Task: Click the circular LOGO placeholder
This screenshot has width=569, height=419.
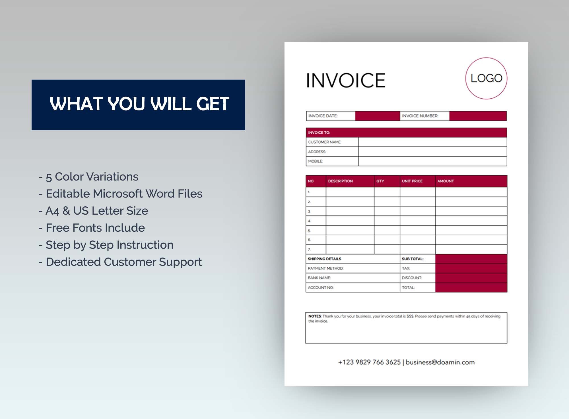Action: pos(486,78)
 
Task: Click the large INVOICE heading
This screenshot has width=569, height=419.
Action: pos(346,80)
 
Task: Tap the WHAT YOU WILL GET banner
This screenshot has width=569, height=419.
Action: pos(139,105)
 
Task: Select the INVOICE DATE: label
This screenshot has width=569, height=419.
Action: pos(323,116)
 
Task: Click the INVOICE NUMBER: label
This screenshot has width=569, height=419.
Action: pos(420,116)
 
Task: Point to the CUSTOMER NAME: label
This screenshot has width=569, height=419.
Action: pos(325,142)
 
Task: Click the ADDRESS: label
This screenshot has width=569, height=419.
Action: pos(317,152)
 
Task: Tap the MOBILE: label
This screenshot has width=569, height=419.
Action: pos(316,161)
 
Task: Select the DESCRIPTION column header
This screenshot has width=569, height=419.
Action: pos(340,181)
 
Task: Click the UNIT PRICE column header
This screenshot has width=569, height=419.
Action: pos(412,181)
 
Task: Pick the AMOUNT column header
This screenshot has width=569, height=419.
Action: pos(446,181)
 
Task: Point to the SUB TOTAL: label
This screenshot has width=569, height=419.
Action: pos(413,259)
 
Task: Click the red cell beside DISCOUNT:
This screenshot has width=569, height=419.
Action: pos(471,278)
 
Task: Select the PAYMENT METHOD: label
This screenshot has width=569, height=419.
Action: pos(325,268)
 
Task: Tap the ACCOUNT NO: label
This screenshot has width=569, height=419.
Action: pos(321,288)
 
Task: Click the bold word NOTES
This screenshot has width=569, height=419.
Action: pos(315,316)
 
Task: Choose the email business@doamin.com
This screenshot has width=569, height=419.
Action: pos(440,362)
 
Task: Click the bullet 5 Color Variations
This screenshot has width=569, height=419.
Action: pos(89,177)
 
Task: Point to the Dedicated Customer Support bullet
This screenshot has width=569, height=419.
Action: pos(120,262)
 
